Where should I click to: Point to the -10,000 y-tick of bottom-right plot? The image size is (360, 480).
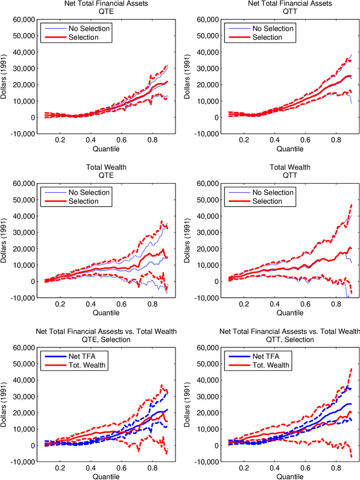coord(206,462)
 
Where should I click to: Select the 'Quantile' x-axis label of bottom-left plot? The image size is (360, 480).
coord(105,477)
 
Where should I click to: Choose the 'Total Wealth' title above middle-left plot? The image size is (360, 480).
coord(105,167)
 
